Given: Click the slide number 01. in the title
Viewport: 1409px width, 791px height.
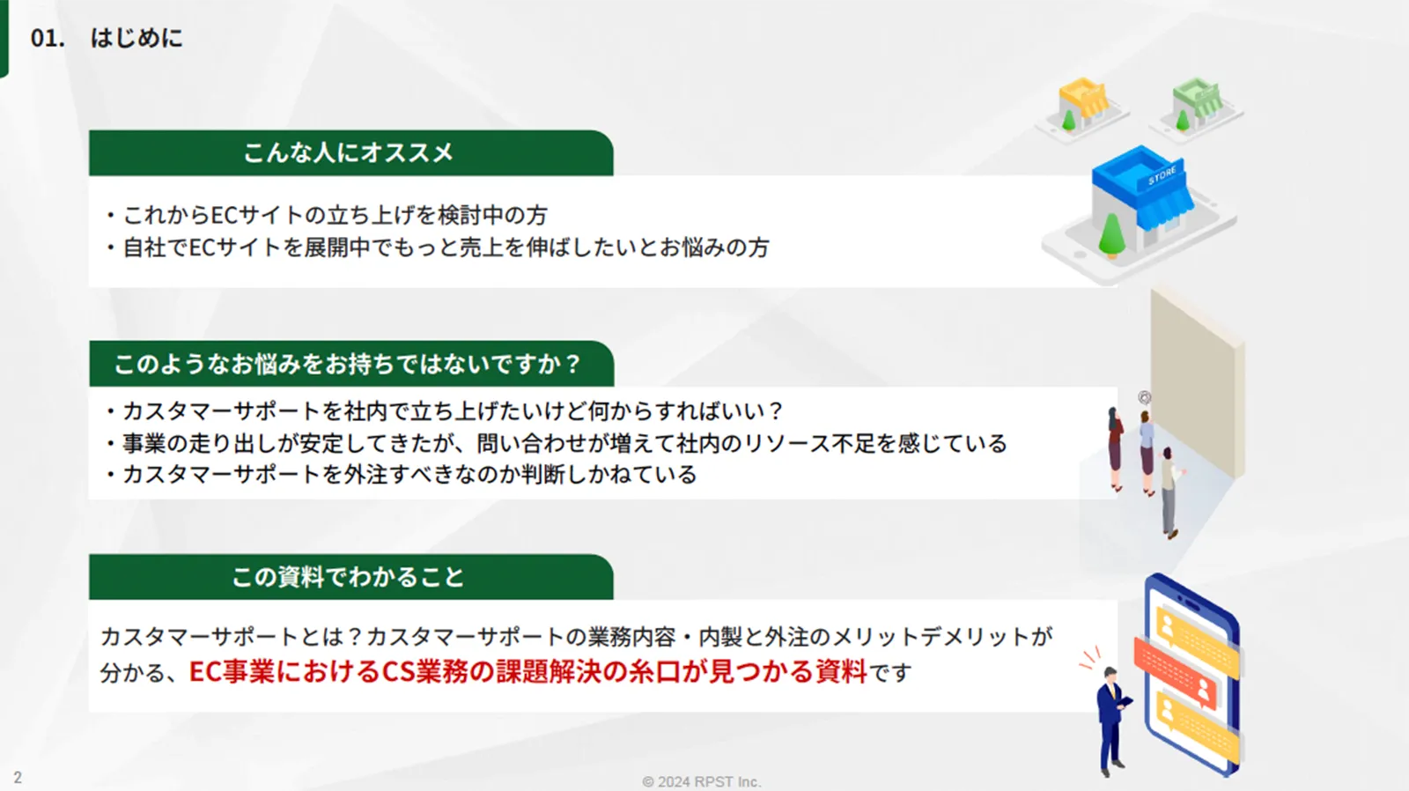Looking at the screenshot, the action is coord(48,39).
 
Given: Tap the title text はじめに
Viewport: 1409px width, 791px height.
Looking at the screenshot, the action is coord(136,39).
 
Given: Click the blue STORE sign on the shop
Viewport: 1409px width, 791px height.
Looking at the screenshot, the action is coord(1162,176).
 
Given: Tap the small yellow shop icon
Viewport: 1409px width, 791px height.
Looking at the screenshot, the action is coord(1082,105).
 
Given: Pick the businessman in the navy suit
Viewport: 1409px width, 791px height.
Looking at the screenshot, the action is coord(1113,721).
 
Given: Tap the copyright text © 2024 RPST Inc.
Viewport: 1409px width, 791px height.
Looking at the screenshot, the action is coord(701,781).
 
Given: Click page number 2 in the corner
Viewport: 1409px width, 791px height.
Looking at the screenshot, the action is coord(18,778).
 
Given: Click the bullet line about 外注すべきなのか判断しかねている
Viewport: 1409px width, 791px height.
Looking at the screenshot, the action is coord(402,475).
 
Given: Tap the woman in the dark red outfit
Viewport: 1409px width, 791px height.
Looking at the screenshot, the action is coord(1115,448).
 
